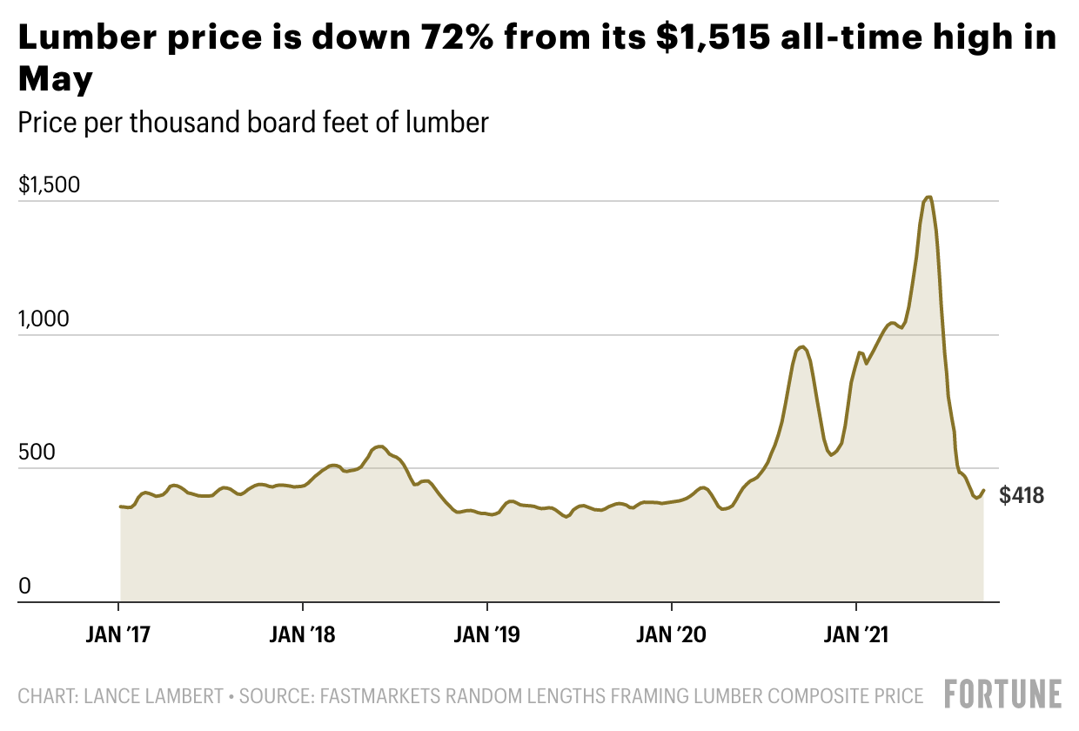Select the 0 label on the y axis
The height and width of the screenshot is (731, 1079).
coord(25,587)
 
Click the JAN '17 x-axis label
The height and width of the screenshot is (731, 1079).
coord(118,635)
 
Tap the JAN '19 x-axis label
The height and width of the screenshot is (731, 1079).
coord(487,635)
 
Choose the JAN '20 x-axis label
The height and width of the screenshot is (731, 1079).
coord(672,635)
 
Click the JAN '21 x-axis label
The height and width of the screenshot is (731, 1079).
coord(856,635)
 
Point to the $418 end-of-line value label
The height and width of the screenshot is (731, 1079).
coord(1022,496)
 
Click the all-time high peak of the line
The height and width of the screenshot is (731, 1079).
coord(929,198)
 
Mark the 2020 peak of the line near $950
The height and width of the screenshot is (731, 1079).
coord(802,347)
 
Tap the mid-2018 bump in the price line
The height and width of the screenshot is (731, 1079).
coord(379,446)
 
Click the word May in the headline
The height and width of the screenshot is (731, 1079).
coord(56,80)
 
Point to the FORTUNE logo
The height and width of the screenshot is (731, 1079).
coord(1003,694)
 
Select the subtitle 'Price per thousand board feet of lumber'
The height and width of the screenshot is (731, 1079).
coord(253,122)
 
